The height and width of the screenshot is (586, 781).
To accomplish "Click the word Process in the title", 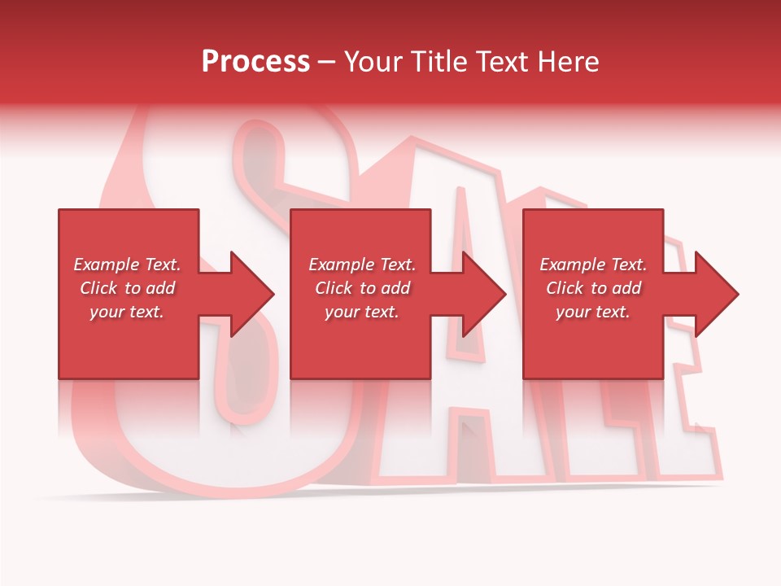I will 255,61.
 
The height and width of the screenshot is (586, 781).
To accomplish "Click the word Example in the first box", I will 106,265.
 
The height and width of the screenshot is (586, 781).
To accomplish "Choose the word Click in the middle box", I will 334,288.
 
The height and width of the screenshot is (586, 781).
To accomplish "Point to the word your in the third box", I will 574,312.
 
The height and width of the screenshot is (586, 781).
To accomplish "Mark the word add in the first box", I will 160,288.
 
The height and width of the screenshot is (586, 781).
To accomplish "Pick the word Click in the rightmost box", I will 565,288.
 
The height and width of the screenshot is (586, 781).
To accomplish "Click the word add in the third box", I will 626,288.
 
